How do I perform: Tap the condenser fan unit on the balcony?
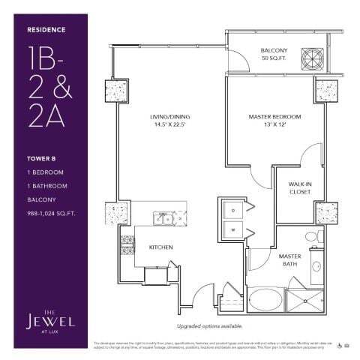click(312, 57)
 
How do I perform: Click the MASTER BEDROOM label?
click(274, 117)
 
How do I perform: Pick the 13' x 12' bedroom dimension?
click(274, 125)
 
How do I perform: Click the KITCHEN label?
click(160, 246)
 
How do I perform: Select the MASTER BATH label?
click(291, 259)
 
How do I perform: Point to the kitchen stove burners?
click(127, 244)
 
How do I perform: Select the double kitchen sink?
click(162, 218)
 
